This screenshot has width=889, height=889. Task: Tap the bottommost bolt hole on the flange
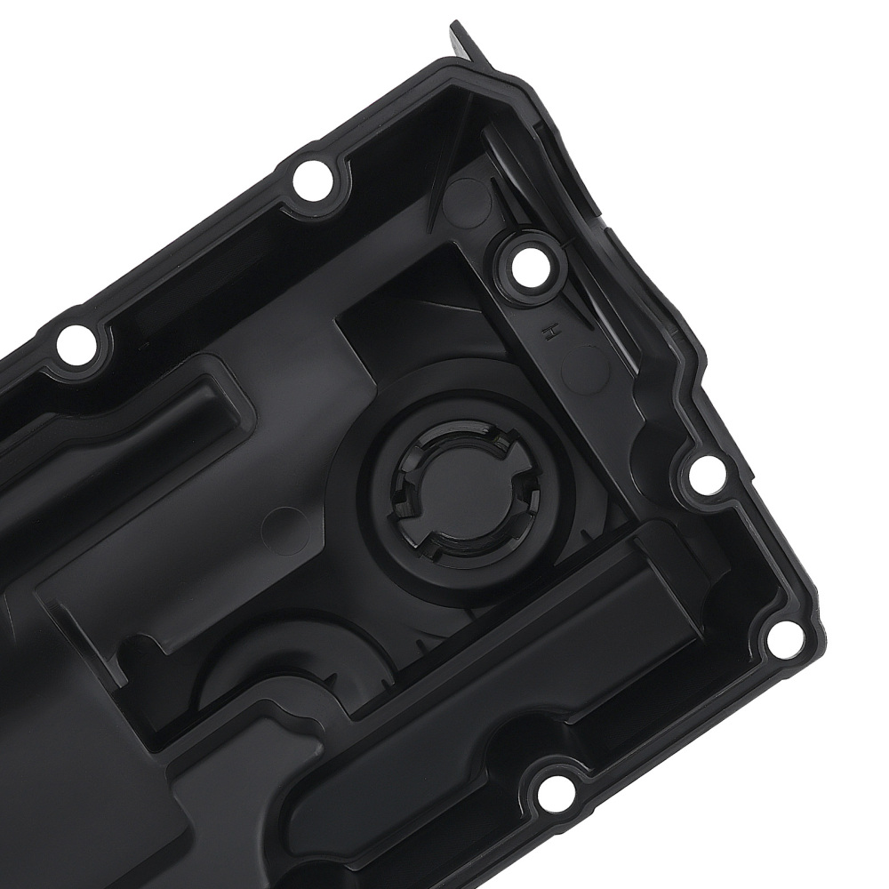[551, 789]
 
